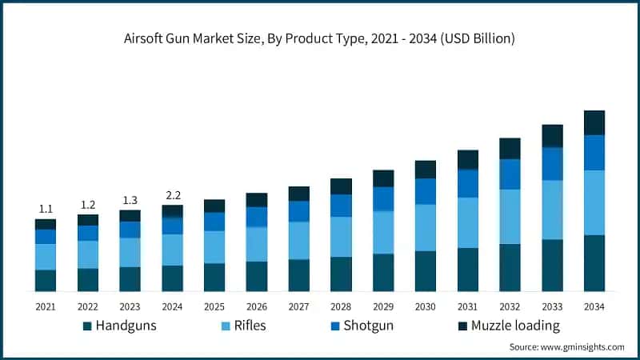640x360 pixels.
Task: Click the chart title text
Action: pyautogui.click(x=320, y=38)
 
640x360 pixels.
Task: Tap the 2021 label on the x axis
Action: pyautogui.click(x=46, y=306)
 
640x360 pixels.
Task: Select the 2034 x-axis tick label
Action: pyautogui.click(x=594, y=306)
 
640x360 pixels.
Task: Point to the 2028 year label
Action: pyautogui.click(x=341, y=306)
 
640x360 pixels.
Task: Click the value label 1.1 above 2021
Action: pyautogui.click(x=46, y=209)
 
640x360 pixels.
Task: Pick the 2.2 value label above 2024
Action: pyautogui.click(x=172, y=194)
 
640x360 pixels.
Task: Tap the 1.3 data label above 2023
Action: pyautogui.click(x=130, y=200)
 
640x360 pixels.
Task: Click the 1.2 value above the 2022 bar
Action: pyautogui.click(x=88, y=204)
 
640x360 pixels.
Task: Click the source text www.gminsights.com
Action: pyautogui.click(x=566, y=346)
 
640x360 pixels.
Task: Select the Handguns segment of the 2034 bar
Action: pyautogui.click(x=594, y=262)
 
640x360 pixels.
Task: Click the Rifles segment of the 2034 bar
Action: pyautogui.click(x=594, y=202)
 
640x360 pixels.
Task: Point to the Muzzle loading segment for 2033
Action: pyautogui.click(x=552, y=136)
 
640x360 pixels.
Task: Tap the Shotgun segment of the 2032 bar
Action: pyautogui.click(x=510, y=174)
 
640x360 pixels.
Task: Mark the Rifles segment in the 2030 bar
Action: pyautogui.click(x=425, y=227)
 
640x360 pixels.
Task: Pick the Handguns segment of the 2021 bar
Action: pyautogui.click(x=46, y=280)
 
